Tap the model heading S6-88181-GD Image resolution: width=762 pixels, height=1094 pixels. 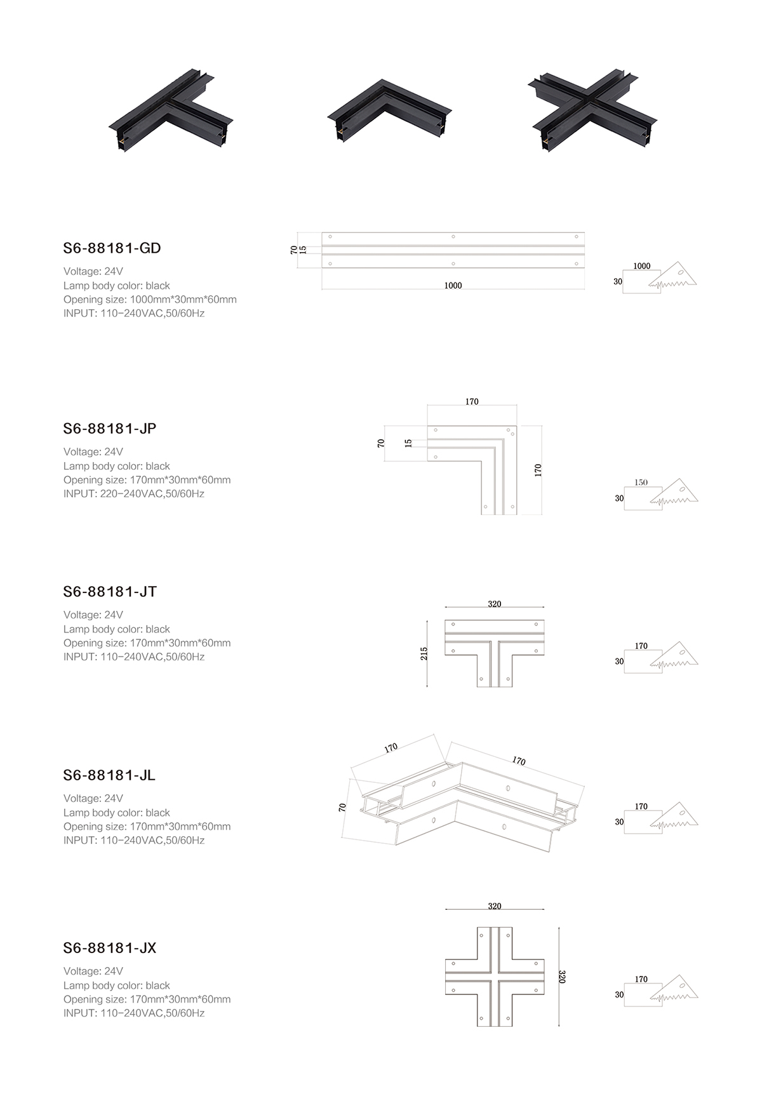112,248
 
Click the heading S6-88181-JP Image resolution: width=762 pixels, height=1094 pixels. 110,429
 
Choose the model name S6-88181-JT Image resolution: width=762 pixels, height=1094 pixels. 110,592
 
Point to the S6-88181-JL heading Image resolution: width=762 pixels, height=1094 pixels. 109,775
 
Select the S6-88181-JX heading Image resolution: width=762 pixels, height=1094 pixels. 110,948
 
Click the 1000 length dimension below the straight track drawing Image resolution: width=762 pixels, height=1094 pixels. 453,286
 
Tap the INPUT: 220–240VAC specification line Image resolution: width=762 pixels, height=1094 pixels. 134,494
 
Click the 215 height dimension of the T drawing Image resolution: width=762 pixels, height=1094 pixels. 424,653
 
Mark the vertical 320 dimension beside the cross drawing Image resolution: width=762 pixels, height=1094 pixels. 561,977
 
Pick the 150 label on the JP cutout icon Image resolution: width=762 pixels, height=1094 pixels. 641,483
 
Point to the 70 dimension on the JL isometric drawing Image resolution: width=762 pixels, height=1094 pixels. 342,808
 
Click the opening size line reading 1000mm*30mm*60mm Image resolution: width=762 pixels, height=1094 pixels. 150,300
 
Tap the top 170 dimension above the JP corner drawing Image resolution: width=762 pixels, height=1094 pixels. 472,402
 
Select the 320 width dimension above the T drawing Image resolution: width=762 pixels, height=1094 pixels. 495,604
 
